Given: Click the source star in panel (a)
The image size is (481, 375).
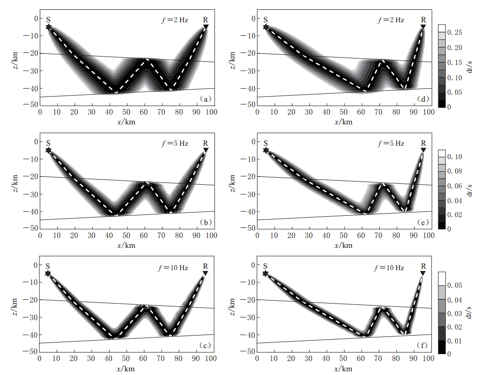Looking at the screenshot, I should point(49,27).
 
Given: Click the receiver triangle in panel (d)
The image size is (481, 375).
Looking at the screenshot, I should point(423,27).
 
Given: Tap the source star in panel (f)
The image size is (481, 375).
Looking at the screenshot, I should point(266,273).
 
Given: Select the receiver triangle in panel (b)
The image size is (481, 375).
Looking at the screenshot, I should point(206,150).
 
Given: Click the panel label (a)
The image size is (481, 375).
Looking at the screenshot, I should point(205,99).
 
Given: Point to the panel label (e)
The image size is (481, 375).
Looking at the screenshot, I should point(422,222).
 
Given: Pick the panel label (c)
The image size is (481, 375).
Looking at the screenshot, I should point(205,345).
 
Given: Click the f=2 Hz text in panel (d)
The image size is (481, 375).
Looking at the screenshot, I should point(390,20).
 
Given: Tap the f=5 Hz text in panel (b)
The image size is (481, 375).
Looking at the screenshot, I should point(174,143).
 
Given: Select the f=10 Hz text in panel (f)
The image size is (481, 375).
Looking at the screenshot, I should point(390,268).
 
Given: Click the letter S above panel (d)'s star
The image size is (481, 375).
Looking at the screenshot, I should point(266,19).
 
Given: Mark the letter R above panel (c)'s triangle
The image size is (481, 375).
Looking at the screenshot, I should point(206,266).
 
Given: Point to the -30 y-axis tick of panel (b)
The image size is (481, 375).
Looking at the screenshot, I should point(31,194).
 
